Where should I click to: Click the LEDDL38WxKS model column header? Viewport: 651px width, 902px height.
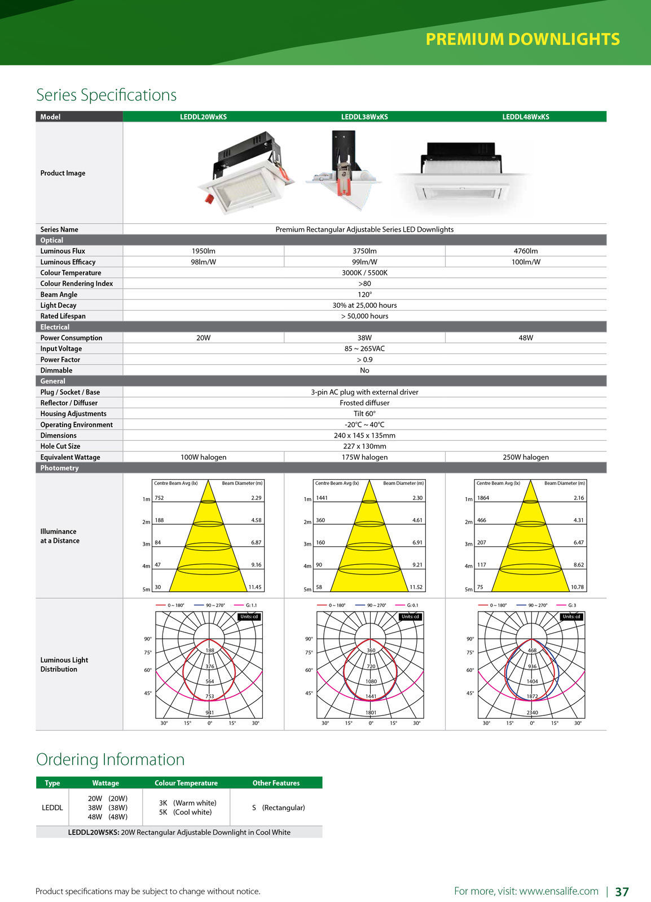pyautogui.click(x=364, y=117)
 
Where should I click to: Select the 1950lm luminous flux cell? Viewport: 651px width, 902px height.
pyautogui.click(x=203, y=251)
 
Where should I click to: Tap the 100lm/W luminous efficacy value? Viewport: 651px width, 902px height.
pyautogui.click(x=525, y=262)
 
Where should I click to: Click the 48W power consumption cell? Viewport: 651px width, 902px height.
pyautogui.click(x=525, y=338)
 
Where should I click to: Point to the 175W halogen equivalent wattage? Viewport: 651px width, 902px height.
pyautogui.click(x=364, y=457)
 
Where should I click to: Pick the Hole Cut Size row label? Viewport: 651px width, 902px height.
pyautogui.click(x=60, y=446)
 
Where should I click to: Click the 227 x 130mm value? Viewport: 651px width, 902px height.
pyautogui.click(x=364, y=446)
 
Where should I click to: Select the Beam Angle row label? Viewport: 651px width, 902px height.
pyautogui.click(x=59, y=294)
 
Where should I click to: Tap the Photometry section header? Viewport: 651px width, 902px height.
pyautogui.click(x=59, y=468)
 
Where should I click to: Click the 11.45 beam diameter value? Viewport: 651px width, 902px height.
pyautogui.click(x=255, y=587)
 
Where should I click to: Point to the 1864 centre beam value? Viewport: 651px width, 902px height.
pyautogui.click(x=483, y=498)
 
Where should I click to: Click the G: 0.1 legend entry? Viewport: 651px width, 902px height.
pyautogui.click(x=412, y=605)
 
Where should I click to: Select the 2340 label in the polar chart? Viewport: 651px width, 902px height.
pyautogui.click(x=532, y=713)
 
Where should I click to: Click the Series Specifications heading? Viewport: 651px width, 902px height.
pyautogui.click(x=106, y=95)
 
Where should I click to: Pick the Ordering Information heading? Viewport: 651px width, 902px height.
pyautogui.click(x=110, y=759)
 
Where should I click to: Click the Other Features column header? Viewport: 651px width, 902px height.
pyautogui.click(x=276, y=783)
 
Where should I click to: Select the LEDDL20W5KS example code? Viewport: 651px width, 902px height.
pyautogui.click(x=93, y=832)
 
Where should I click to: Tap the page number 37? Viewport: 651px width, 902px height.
pyautogui.click(x=622, y=891)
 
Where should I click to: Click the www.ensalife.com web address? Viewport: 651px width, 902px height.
pyautogui.click(x=558, y=891)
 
